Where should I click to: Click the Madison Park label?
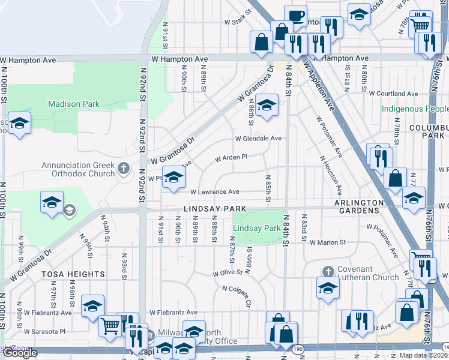coord(74,104)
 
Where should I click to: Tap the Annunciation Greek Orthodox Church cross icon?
coord(124,168)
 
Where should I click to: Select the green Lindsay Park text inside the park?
coord(256,229)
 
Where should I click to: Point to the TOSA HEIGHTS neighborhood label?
coord(73,274)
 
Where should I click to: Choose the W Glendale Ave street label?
coord(258,138)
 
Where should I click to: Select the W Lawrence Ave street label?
coord(215,192)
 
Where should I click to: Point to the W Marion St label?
coord(328,243)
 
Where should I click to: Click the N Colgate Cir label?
coord(236,296)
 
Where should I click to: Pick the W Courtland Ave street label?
coord(393,94)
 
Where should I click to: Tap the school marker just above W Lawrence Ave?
coord(173,178)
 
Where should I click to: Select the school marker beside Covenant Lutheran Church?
coord(327,288)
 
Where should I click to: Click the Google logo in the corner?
coord(20,353)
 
